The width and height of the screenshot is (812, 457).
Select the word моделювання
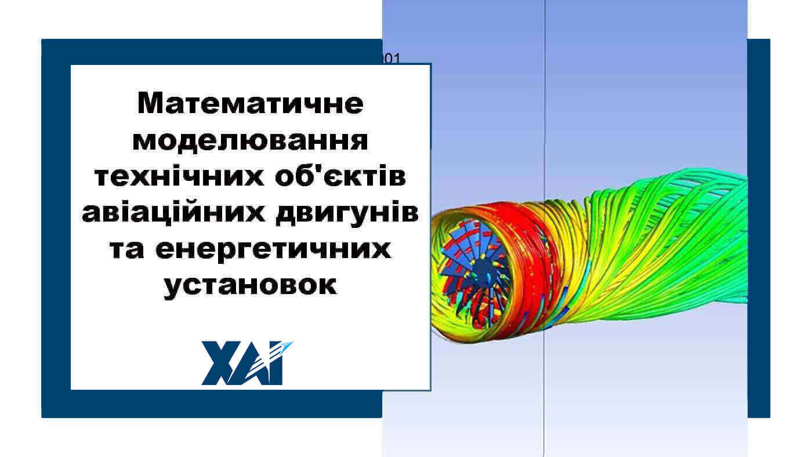[251, 141]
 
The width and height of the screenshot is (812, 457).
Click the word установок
[251, 286]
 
